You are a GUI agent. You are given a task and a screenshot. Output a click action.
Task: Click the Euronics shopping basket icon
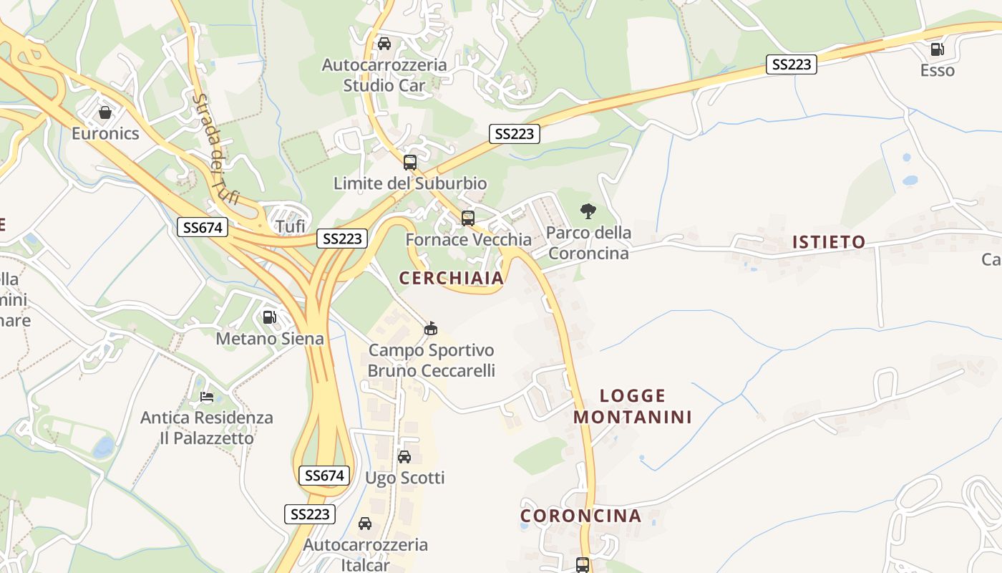(105, 112)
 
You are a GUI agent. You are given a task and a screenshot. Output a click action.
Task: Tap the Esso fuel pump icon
(936, 49)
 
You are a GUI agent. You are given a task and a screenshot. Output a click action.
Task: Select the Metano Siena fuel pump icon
(270, 317)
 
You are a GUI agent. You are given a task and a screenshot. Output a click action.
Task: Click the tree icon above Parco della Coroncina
(588, 211)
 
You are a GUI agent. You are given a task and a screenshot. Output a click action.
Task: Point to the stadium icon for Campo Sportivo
(431, 329)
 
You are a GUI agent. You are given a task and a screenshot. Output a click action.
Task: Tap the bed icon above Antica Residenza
(207, 396)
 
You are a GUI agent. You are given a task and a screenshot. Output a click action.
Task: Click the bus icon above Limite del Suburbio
(410, 162)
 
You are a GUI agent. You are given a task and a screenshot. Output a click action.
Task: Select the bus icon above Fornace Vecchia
(468, 218)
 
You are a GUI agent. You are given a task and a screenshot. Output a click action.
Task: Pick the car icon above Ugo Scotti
(404, 456)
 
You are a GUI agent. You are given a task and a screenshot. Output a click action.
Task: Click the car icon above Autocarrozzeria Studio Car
(384, 44)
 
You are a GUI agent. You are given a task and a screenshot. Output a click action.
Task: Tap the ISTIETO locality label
(829, 242)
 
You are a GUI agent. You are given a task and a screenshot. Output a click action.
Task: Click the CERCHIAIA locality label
(451, 278)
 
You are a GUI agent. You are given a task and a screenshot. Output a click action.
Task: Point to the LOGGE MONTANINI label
(633, 406)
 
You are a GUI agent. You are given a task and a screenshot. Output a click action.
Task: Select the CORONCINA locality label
(580, 516)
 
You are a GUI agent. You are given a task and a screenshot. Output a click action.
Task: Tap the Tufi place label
(291, 227)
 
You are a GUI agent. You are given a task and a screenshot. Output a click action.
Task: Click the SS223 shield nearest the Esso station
(792, 64)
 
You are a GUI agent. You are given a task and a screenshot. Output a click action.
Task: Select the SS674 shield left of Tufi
(203, 228)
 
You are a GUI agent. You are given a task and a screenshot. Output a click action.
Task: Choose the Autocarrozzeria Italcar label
(366, 554)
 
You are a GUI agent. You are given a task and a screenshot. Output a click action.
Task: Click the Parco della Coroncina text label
(588, 243)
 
